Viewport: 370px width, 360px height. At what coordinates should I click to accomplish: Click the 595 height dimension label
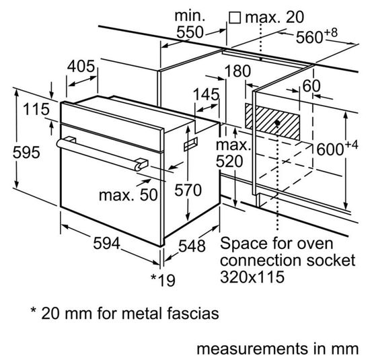point(17,153)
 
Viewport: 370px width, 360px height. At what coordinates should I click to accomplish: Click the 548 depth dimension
point(191,247)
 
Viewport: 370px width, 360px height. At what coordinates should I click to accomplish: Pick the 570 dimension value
point(188,190)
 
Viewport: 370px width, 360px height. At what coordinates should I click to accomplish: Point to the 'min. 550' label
point(191,24)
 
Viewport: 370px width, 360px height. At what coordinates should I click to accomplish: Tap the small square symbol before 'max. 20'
point(235,15)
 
